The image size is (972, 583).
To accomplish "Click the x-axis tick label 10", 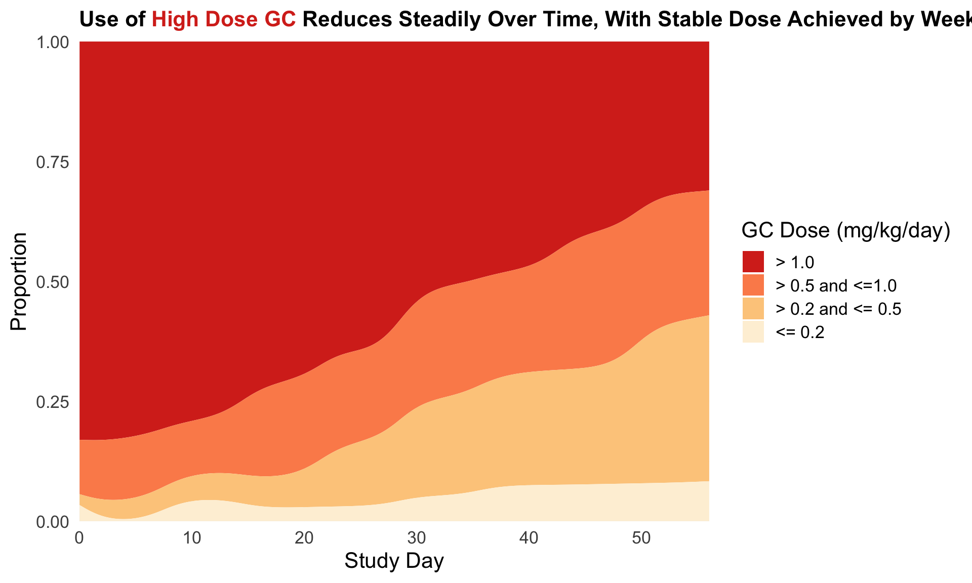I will pos(192,538).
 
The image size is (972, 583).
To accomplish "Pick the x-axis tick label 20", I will pos(304,538).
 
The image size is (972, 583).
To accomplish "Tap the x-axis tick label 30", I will pos(417,538).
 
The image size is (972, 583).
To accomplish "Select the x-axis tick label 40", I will pos(529,538).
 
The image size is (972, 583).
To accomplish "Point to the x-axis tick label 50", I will pos(641,538).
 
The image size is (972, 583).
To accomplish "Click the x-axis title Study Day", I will pos(394,561).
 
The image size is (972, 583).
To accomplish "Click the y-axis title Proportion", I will pos(19,281).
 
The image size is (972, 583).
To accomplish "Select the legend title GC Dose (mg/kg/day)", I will pos(845,231).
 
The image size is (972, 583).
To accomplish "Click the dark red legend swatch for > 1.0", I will pos(753,262).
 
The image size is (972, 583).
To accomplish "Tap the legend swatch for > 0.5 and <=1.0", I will pos(753,285).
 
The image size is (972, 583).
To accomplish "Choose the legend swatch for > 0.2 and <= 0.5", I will pos(753,309).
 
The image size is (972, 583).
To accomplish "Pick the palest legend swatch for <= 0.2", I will pos(753,332).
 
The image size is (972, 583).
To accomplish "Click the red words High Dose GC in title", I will pos(224,19).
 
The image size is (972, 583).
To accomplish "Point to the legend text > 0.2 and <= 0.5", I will pos(838,309).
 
